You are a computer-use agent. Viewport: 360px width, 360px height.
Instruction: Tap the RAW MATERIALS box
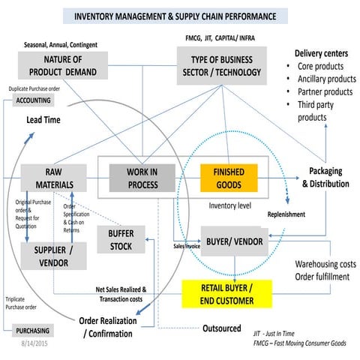[x=50, y=178]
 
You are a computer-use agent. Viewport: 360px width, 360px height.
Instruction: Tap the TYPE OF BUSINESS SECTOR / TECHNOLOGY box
[x=220, y=65]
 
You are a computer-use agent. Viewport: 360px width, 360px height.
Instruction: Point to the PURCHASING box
[x=33, y=331]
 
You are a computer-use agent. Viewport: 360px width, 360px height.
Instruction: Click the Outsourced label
[x=221, y=328]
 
